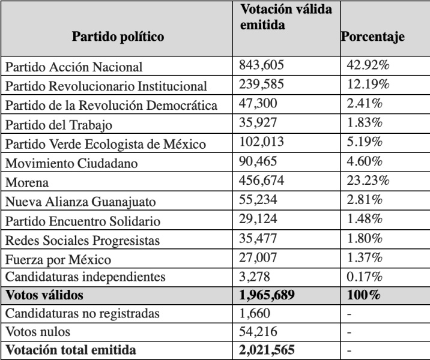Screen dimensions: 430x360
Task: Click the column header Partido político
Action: tap(118, 37)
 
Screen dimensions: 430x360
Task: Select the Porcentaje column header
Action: tap(373, 37)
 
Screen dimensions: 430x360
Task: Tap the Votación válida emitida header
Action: tap(286, 17)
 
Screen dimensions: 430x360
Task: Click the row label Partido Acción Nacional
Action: tap(74, 67)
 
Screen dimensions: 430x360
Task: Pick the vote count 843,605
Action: tap(261, 65)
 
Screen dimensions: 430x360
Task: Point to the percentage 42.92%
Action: tap(368, 65)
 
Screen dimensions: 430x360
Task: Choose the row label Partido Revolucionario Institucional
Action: tap(106, 86)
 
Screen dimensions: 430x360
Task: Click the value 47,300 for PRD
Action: tap(258, 104)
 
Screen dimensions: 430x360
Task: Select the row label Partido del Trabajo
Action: tap(59, 125)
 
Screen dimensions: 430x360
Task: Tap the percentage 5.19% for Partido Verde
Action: tap(365, 142)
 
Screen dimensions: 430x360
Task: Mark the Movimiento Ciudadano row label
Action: tap(71, 163)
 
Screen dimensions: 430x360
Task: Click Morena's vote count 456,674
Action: tap(261, 181)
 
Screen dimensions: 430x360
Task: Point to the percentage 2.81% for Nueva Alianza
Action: tap(365, 200)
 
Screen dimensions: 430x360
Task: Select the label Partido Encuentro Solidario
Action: tap(83, 221)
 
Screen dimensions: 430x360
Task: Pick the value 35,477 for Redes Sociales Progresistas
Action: tap(258, 238)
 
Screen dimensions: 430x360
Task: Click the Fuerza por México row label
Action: tap(58, 259)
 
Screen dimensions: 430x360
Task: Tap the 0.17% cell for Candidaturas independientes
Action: tap(365, 277)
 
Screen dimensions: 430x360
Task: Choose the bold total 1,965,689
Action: tap(267, 295)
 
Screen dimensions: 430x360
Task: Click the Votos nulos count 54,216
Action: tap(258, 332)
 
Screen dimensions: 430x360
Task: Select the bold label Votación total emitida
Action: tap(71, 350)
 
